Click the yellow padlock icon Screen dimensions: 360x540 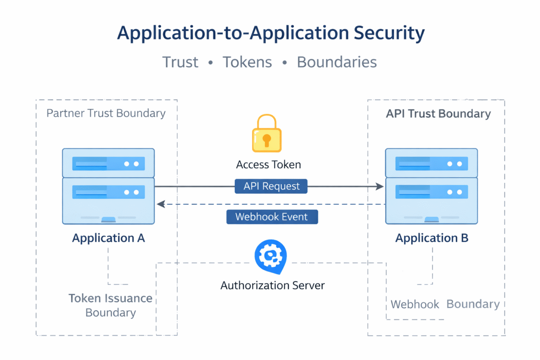tap(266, 134)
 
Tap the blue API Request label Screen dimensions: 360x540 tap(271, 186)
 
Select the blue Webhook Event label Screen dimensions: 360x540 tap(272, 217)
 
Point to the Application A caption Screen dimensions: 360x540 tap(108, 238)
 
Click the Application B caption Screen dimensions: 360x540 tap(432, 238)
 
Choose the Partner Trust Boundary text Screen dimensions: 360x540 tap(106, 114)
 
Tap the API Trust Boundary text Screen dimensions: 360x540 tap(438, 114)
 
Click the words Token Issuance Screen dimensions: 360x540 tap(110, 299)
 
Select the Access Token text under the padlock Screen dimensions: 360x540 tap(268, 165)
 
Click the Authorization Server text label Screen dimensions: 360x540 tap(272, 285)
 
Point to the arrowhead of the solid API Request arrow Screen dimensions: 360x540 tap(380, 186)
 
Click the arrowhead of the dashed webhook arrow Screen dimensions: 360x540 tap(160, 204)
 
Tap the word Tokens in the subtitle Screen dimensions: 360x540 tap(247, 62)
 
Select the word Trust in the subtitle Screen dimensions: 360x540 tap(180, 62)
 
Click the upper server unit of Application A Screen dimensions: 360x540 tap(108, 163)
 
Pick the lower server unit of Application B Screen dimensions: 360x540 tap(432, 200)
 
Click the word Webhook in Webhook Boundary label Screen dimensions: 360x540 tap(415, 305)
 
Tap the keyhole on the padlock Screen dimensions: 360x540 tap(266, 139)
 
